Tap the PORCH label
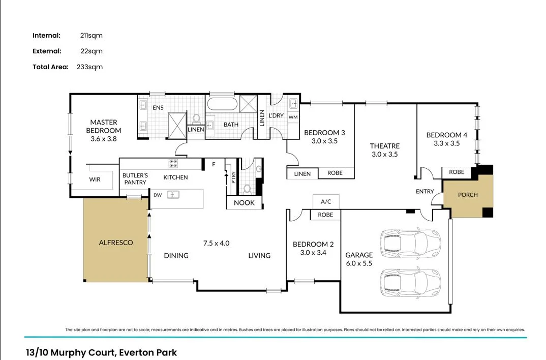[x=468, y=195]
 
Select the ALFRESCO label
[x=116, y=243]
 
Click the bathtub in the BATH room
[x=222, y=105]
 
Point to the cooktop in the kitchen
[x=173, y=164]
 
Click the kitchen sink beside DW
[x=173, y=194]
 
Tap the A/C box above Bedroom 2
[x=326, y=201]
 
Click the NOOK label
[x=244, y=203]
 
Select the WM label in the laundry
[x=293, y=117]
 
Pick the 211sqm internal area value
[x=92, y=36]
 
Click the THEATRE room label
[x=384, y=146]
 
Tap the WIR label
[x=95, y=179]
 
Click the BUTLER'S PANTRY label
[x=135, y=178]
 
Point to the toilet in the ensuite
[x=196, y=118]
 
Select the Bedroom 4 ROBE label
[x=457, y=172]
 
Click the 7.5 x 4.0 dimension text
[x=217, y=243]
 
